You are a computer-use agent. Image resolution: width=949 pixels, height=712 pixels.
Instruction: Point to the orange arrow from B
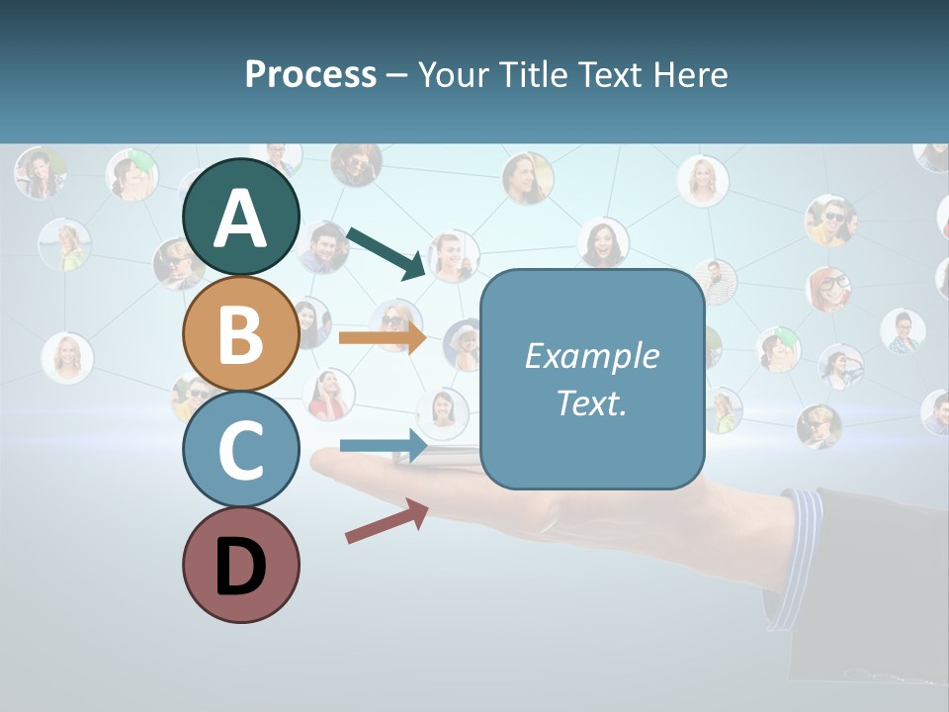383,338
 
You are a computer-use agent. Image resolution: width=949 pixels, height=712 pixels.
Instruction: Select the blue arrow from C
384,445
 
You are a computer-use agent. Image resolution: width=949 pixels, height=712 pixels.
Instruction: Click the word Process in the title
310,75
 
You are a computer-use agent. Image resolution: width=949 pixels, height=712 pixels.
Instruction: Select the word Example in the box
591,356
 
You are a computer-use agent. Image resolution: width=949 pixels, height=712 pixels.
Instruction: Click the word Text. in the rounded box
591,402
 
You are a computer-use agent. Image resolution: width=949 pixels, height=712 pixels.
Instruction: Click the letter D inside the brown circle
240,569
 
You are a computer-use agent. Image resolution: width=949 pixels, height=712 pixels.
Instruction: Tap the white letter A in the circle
240,219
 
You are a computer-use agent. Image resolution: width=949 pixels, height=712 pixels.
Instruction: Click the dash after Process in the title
396,76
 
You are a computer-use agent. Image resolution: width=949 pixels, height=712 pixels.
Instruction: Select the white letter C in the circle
240,452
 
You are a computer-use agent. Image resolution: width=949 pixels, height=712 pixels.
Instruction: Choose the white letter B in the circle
240,334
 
